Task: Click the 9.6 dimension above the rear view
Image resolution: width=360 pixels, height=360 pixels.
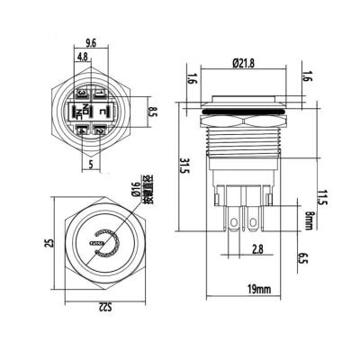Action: [90, 41]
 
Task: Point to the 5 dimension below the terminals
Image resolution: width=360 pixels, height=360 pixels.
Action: [92, 164]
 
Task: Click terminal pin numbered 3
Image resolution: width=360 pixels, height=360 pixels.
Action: [82, 94]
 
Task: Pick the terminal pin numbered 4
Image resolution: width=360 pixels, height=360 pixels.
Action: [82, 131]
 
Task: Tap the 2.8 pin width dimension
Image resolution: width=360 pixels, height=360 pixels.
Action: [258, 248]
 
